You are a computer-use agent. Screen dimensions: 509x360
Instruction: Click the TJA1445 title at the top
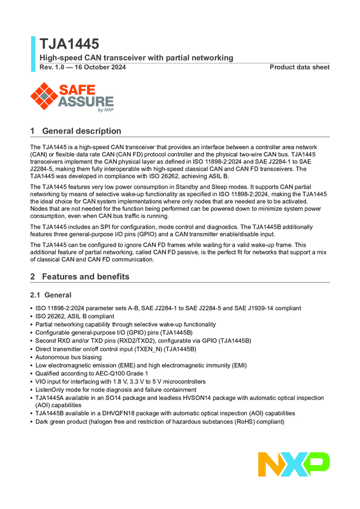click(69, 44)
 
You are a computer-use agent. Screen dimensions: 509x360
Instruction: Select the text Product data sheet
click(299, 67)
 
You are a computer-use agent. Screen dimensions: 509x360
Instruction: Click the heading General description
click(81, 131)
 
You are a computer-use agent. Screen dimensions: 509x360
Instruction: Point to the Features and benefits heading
click(86, 277)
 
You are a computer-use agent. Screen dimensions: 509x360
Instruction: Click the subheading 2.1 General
click(51, 295)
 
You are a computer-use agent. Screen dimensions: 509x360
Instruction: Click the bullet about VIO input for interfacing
click(120, 381)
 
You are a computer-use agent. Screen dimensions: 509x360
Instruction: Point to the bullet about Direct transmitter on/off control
click(116, 349)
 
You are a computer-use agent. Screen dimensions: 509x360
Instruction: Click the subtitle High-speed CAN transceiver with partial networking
click(136, 57)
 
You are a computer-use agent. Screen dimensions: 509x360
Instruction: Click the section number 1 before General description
click(33, 131)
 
